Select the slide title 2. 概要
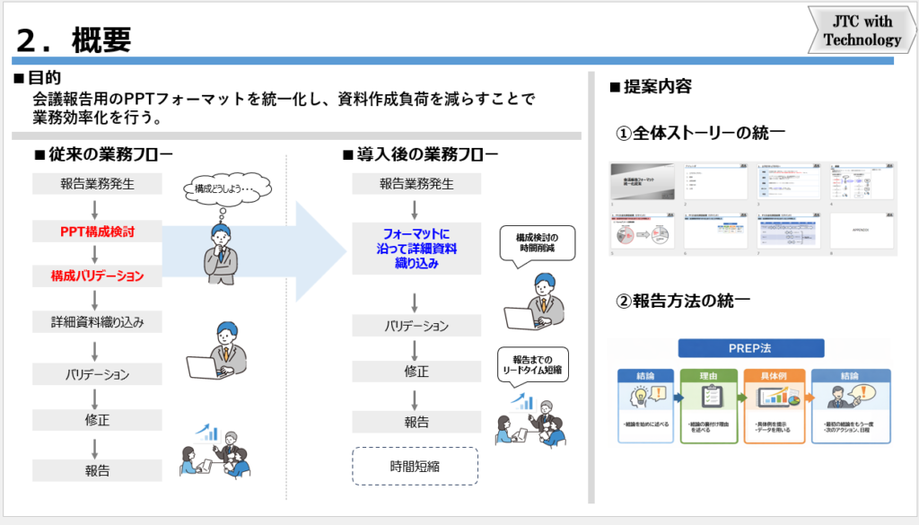click(75, 38)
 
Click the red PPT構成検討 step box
click(98, 232)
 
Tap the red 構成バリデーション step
click(98, 276)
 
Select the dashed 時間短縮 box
click(415, 466)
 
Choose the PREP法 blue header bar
click(749, 349)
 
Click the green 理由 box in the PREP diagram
click(708, 407)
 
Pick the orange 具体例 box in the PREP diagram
click(774, 407)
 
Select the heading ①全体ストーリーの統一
click(700, 133)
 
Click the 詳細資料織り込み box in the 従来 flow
click(98, 320)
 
